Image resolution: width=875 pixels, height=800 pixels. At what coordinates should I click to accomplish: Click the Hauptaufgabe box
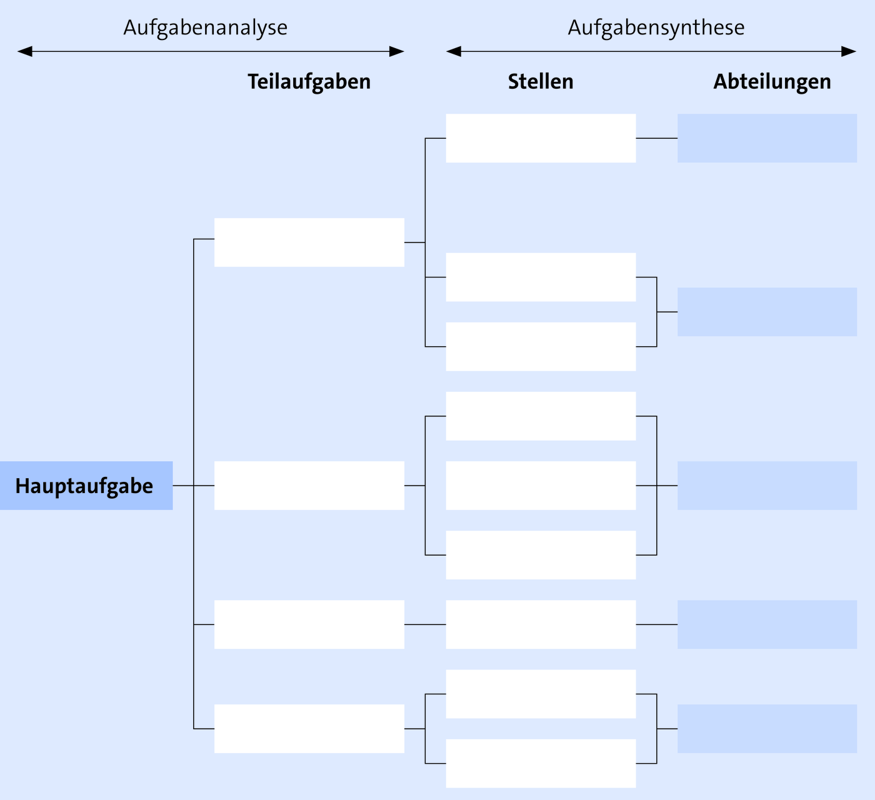click(86, 486)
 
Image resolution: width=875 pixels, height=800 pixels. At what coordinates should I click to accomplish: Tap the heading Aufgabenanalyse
click(206, 28)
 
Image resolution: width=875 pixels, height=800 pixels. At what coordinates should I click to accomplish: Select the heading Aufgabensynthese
click(656, 28)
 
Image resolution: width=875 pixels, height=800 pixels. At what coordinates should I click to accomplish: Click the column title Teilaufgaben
click(309, 82)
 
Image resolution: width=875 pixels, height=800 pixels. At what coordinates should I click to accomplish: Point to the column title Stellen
click(541, 82)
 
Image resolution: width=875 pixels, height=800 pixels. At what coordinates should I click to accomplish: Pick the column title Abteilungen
click(772, 82)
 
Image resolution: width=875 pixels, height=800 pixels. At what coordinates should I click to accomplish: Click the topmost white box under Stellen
click(541, 138)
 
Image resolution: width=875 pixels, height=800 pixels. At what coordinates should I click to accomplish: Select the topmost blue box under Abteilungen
click(767, 138)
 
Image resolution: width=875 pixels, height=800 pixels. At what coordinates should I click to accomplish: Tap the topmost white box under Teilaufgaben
click(309, 242)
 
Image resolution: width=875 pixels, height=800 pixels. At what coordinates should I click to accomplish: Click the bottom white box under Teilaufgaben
click(309, 729)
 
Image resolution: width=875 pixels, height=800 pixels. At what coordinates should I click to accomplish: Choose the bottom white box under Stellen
click(541, 763)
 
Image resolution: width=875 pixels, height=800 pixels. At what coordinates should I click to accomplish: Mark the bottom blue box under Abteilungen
click(767, 729)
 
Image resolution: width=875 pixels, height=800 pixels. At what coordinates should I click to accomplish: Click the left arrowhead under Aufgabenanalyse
click(24, 51)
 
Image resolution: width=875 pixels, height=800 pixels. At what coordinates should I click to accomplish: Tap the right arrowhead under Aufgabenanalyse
click(397, 51)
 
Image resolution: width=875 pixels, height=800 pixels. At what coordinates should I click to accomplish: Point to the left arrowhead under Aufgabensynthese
click(454, 51)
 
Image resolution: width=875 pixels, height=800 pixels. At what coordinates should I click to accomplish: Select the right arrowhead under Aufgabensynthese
click(849, 51)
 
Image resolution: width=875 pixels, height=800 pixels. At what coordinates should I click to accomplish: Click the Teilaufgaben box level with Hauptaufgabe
click(309, 486)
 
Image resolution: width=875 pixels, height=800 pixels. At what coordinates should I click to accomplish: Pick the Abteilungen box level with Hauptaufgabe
click(767, 486)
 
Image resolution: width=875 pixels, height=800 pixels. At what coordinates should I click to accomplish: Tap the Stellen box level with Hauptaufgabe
click(541, 486)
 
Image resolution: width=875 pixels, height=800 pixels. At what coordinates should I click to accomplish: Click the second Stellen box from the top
click(541, 277)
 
